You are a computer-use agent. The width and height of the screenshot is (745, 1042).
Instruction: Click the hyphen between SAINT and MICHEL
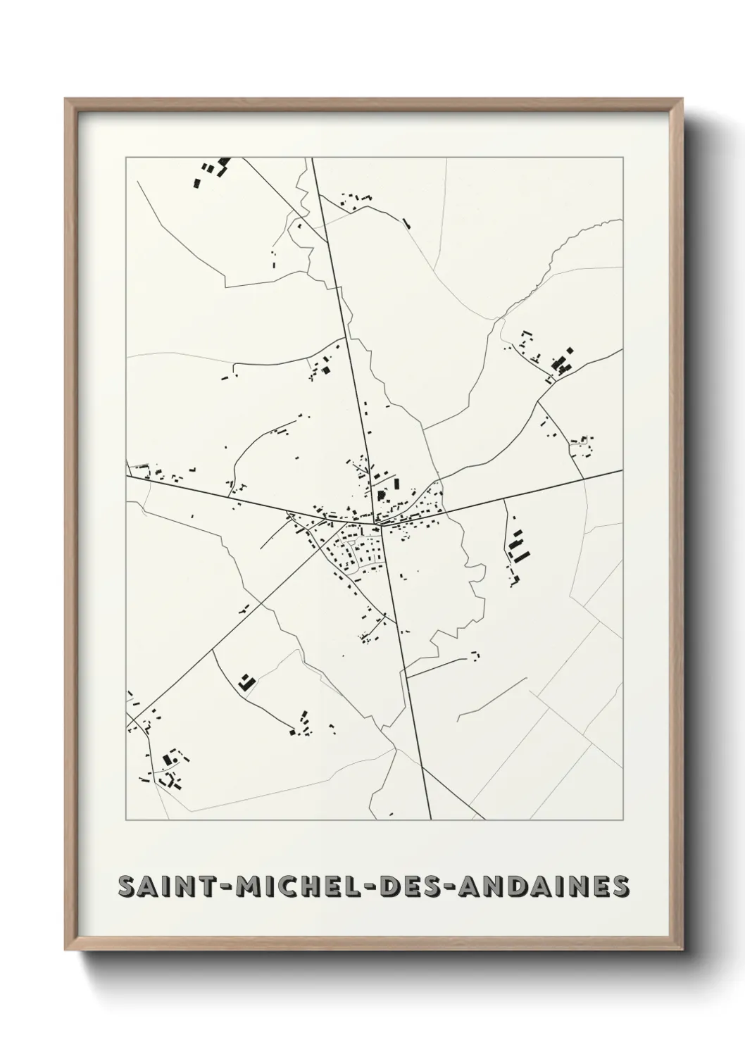(x=226, y=886)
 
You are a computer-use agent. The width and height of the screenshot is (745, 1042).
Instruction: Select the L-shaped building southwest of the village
(x=245, y=682)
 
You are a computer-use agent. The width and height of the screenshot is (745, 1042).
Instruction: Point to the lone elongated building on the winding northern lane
(x=406, y=224)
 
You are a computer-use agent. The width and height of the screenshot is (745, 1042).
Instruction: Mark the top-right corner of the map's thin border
(x=623, y=158)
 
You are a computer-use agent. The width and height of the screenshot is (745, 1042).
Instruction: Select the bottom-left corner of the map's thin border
(x=126, y=820)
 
